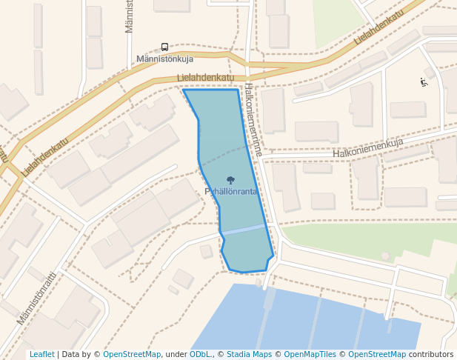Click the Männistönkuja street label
pos(164,59)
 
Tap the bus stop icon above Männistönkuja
pos(164,46)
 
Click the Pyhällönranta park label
pos(231,192)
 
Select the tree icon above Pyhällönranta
pos(230,180)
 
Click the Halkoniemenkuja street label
pos(367,148)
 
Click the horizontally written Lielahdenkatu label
pos(206,77)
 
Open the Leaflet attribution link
pos(41,355)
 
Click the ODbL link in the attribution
pos(200,355)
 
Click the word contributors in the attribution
pos(431,355)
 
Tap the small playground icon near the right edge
pos(424,82)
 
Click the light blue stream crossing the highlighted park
pos(244,230)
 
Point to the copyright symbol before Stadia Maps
pos(221,355)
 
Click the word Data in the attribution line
pos(70,355)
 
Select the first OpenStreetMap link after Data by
pos(132,355)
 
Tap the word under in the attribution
pos(176,355)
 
